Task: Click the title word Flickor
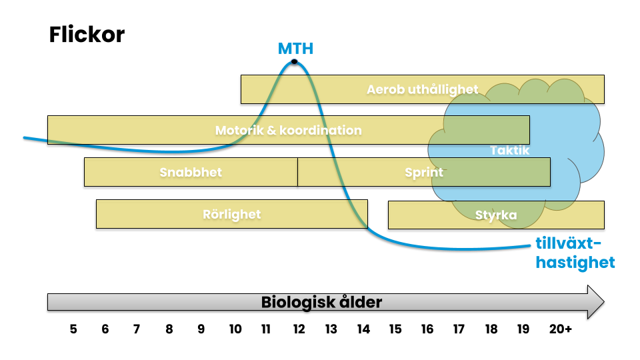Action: pos(87,35)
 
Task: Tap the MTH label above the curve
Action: pos(295,49)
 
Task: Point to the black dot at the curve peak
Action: pos(294,63)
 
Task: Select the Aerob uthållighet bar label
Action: pos(423,89)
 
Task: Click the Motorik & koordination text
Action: pos(288,131)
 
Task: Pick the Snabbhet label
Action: pos(191,172)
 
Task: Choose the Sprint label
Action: pos(424,172)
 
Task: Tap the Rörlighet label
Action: pos(232,214)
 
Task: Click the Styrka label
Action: pos(496,215)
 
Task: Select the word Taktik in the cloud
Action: pos(509,151)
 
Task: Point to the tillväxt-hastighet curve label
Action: pos(575,253)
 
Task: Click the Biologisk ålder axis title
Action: pos(321,302)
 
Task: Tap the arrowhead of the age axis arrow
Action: pos(595,302)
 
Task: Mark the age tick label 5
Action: pos(73,329)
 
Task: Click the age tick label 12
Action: pos(298,329)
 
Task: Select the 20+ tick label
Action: pos(560,329)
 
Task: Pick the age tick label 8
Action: pos(169,329)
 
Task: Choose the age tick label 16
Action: pos(427,329)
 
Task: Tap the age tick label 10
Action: pos(235,329)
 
